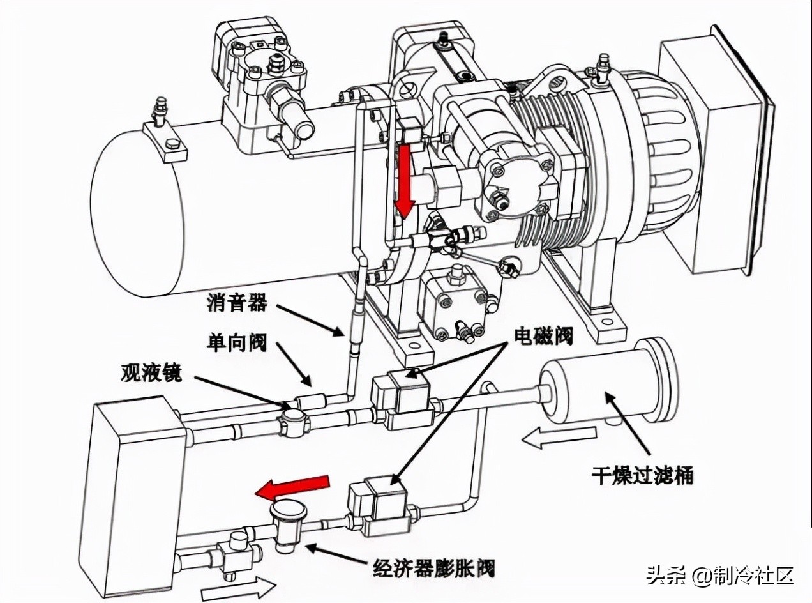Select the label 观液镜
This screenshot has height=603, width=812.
coord(151,373)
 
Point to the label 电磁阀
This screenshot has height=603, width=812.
coord(543,335)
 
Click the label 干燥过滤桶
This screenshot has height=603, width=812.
coord(642,475)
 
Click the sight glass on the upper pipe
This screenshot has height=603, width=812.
coord(293,422)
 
